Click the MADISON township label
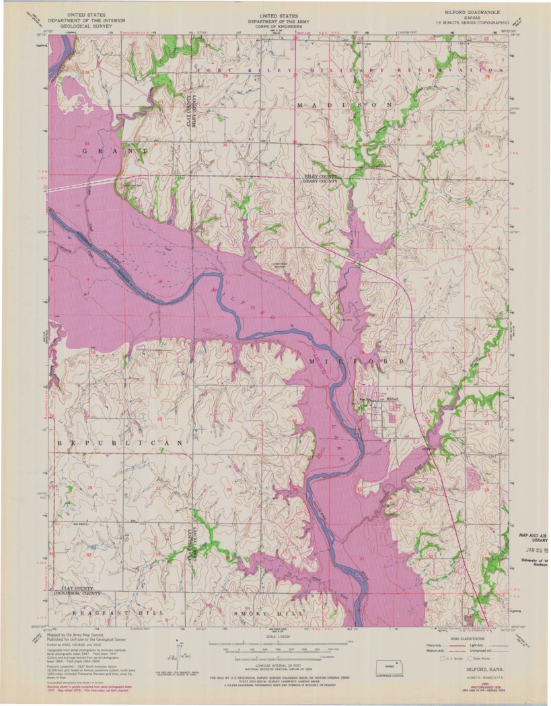(x=344, y=106)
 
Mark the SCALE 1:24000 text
(x=277, y=636)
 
